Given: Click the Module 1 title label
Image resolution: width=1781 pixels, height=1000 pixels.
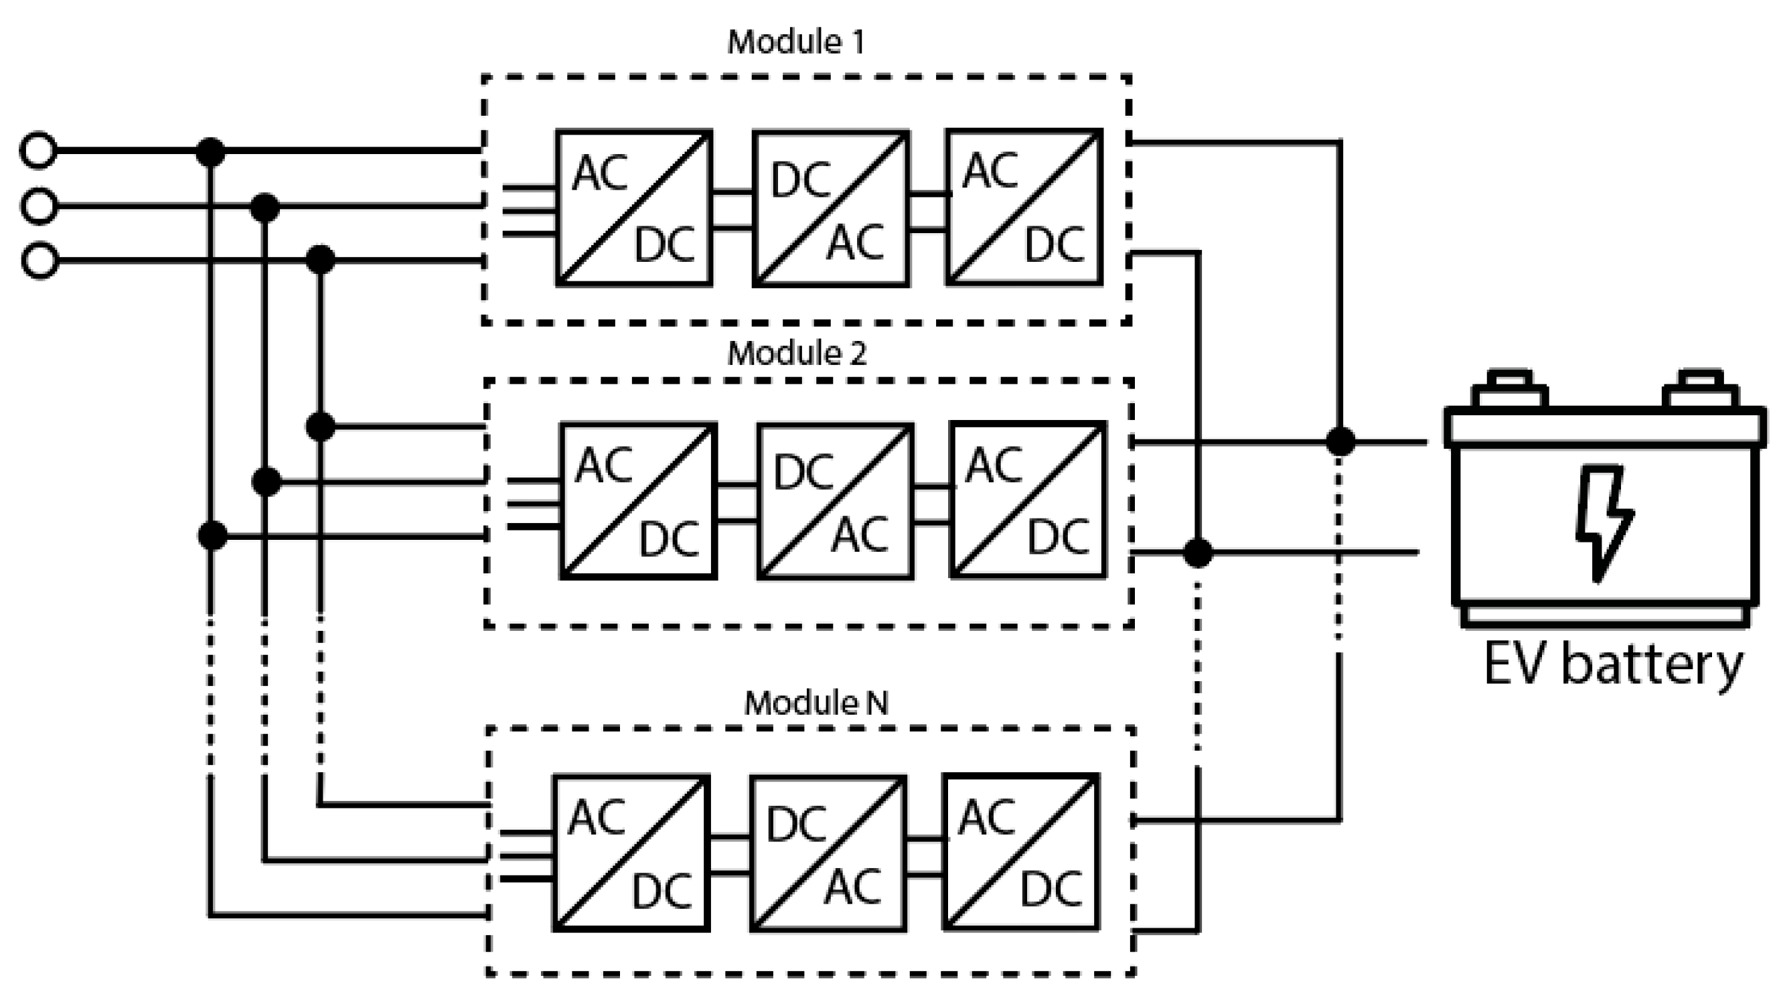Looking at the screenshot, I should tap(795, 43).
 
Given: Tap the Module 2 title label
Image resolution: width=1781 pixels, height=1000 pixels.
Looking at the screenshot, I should tap(797, 354).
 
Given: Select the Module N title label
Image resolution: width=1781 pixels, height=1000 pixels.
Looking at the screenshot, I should tap(816, 703).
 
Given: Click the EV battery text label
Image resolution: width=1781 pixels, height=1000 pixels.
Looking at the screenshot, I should tap(1612, 665).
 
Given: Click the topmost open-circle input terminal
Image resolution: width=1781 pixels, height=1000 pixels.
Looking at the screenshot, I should tap(38, 150).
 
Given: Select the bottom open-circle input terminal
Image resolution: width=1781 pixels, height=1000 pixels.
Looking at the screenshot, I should tap(40, 261).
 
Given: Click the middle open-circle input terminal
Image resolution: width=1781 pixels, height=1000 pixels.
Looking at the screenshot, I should tap(39, 206).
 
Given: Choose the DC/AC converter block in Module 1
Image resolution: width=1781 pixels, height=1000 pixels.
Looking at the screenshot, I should tap(830, 208).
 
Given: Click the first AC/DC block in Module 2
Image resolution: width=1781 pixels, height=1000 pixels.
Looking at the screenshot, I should tap(638, 501).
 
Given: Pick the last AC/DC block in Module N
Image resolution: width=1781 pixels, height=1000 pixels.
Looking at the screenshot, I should tap(1021, 852).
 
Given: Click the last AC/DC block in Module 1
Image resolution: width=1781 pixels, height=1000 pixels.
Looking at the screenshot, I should tap(1024, 207).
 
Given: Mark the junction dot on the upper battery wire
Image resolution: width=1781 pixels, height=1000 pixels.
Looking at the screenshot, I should tap(1340, 441).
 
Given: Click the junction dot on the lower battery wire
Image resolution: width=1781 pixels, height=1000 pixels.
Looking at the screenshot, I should tap(1198, 553).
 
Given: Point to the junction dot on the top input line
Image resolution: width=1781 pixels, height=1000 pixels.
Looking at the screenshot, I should tap(211, 151).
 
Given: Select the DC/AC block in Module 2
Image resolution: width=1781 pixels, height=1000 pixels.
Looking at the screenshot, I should tap(835, 501).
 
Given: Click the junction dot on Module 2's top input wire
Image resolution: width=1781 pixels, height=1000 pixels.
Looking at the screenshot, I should tap(320, 427).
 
